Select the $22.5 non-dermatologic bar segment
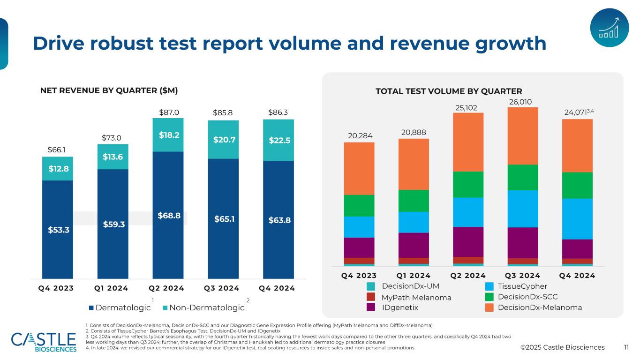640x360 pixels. (278, 140)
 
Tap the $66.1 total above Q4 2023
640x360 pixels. (57, 150)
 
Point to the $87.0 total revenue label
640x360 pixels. (169, 112)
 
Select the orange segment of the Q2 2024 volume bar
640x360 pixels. (468, 142)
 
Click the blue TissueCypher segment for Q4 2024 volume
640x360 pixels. (577, 218)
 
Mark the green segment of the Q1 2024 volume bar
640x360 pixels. (414, 201)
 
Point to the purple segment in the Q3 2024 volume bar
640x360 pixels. (522, 242)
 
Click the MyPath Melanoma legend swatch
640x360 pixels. (371, 297)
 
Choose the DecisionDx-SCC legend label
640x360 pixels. (527, 297)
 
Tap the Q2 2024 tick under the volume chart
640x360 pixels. (468, 276)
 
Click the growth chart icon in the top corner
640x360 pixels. (609, 28)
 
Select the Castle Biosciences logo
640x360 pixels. (44, 341)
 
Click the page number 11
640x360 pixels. (626, 347)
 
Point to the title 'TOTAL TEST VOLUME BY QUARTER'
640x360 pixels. (449, 91)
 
